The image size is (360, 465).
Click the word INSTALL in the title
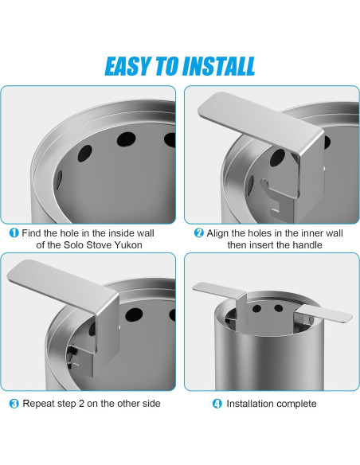pyautogui.click(x=219, y=66)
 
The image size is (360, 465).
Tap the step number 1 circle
pyautogui.click(x=14, y=232)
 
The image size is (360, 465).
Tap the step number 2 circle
pyautogui.click(x=198, y=232)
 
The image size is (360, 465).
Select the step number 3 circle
pyautogui.click(x=14, y=404)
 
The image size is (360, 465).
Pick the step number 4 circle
pyautogui.click(x=217, y=404)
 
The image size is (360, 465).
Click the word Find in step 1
pyautogui.click(x=31, y=232)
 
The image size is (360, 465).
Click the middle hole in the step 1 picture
pyautogui.click(x=126, y=139)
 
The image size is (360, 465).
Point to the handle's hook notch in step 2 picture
pyautogui.click(x=264, y=184)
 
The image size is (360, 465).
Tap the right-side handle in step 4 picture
pyautogui.click(x=325, y=313)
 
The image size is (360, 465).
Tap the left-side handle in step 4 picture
pyautogui.click(x=218, y=289)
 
